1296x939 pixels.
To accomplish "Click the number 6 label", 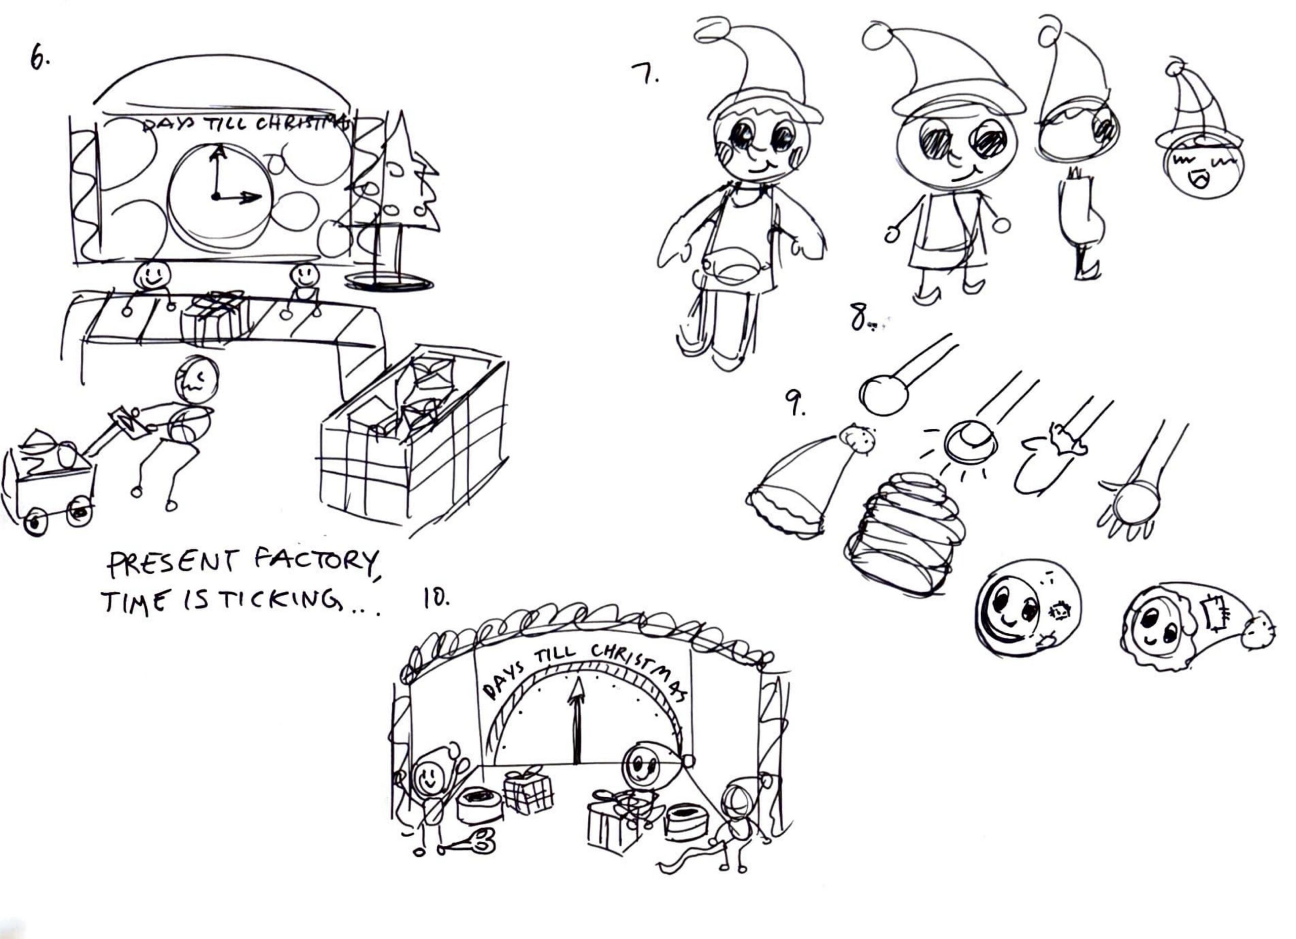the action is click(39, 58).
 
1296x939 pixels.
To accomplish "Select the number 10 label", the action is click(435, 598).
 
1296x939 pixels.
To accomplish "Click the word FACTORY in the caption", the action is click(315, 563).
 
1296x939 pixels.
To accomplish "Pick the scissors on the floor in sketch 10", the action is click(466, 843).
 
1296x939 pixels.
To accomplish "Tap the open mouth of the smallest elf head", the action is click(1198, 181).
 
